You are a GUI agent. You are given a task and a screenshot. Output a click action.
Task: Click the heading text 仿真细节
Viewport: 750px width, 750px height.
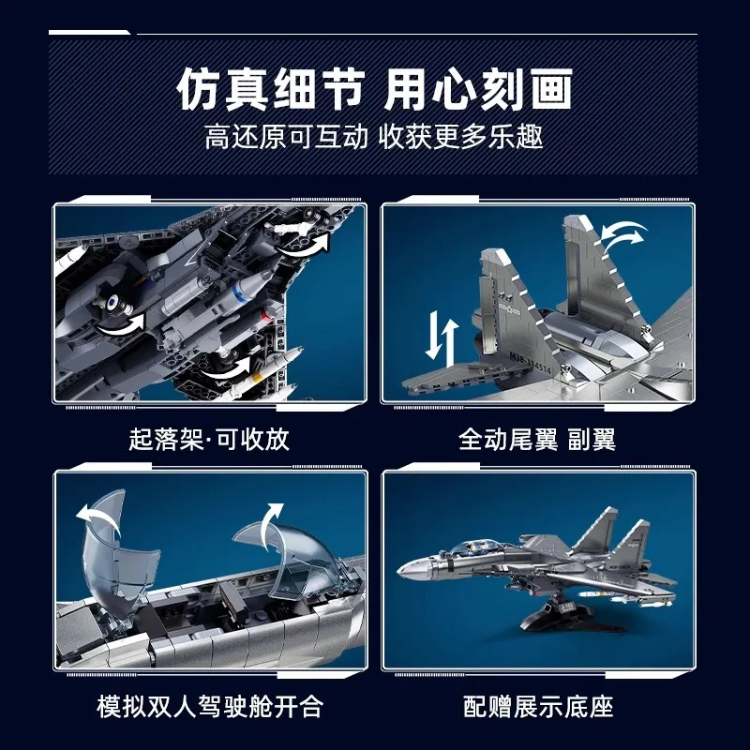tap(271, 92)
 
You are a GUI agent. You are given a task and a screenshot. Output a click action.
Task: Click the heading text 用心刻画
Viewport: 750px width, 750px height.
tap(479, 92)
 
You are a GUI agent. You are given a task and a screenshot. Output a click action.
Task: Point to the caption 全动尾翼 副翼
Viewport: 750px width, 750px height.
tap(537, 439)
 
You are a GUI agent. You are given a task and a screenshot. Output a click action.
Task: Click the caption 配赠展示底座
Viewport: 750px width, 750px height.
tap(537, 705)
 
